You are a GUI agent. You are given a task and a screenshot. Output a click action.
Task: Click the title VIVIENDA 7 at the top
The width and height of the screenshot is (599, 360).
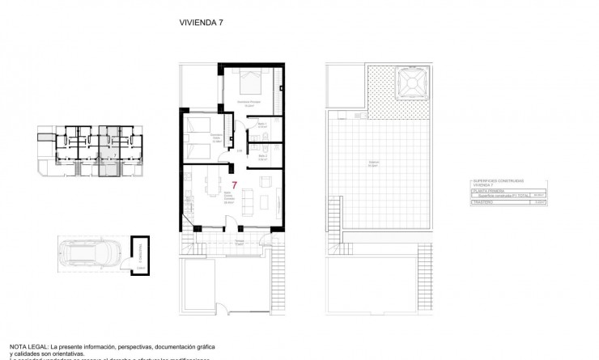201,23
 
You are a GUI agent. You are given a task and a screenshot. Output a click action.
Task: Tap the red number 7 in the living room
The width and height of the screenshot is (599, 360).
234,184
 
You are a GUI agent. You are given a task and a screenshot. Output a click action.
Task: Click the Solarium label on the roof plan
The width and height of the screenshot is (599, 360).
373,163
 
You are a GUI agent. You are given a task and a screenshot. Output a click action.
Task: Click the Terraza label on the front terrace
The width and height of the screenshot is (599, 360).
240,240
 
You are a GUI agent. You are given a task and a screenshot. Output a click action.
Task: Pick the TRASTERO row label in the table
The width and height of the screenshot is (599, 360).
483,202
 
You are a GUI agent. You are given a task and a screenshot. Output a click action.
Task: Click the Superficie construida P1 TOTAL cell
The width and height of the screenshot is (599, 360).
503,195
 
